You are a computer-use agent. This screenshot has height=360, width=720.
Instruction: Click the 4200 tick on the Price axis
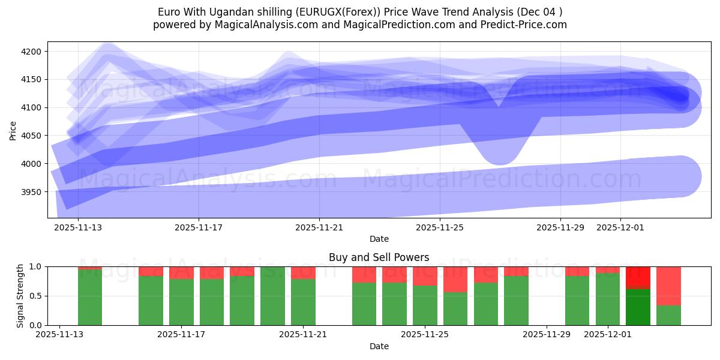pyautogui.click(x=31, y=52)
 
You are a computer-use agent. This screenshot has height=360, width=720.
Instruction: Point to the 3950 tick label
pyautogui.click(x=31, y=192)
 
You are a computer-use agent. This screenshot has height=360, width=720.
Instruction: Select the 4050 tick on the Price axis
pyautogui.click(x=31, y=136)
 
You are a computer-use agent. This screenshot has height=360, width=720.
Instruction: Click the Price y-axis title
pyautogui.click(x=13, y=130)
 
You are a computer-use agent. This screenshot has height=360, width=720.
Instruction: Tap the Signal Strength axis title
pyautogui.click(x=20, y=296)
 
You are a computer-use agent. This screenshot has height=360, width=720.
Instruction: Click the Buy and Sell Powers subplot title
pyautogui.click(x=379, y=257)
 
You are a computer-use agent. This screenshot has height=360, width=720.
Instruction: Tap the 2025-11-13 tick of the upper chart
pyautogui.click(x=78, y=227)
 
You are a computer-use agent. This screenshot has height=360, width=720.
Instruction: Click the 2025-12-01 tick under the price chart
pyautogui.click(x=620, y=227)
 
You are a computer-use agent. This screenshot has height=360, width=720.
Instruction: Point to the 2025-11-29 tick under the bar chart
pyautogui.click(x=547, y=334)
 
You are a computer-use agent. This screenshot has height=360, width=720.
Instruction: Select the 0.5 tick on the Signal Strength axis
pyautogui.click(x=36, y=296)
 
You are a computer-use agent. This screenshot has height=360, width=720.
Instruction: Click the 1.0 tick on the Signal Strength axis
pyautogui.click(x=36, y=266)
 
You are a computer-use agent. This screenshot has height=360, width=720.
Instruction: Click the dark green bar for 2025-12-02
pyautogui.click(x=638, y=307)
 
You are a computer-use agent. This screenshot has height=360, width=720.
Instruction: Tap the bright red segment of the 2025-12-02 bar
pyautogui.click(x=638, y=277)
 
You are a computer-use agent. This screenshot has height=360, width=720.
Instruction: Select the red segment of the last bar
pyautogui.click(x=668, y=286)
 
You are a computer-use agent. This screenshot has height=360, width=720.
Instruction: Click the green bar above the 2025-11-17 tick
pyautogui.click(x=181, y=302)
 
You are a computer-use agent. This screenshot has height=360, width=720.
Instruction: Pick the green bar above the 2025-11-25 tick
pyautogui.click(x=425, y=305)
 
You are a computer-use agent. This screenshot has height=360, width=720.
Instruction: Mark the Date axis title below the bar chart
pyautogui.click(x=379, y=346)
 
